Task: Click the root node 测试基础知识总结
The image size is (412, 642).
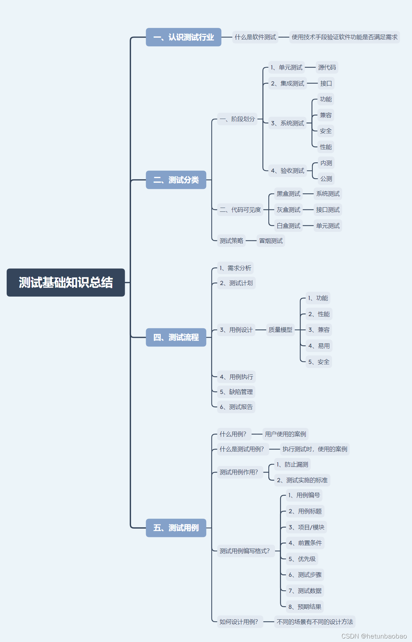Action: point(66,282)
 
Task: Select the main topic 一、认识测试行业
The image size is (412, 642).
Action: point(183,37)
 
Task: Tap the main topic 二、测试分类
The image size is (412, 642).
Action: point(176,180)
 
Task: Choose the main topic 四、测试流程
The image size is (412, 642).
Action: point(176,337)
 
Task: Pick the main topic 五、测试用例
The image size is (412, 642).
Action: point(176,528)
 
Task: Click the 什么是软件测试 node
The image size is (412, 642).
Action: point(255,37)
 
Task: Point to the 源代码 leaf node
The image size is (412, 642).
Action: point(327,67)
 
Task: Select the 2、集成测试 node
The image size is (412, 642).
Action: point(287,83)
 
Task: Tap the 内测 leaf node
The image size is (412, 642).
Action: point(326,163)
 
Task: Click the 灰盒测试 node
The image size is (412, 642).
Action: point(288,210)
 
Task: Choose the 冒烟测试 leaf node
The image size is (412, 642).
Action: point(271,241)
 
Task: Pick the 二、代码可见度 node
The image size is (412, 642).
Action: point(240,210)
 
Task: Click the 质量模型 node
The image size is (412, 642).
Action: point(280,330)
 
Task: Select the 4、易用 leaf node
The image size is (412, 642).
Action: point(319,346)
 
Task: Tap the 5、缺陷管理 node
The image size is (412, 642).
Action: point(236,392)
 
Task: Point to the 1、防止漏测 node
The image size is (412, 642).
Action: point(292,464)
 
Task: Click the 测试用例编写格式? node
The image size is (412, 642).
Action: point(245,551)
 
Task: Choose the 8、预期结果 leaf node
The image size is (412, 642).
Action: point(305,607)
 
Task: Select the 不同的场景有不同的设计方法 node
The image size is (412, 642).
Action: point(315,622)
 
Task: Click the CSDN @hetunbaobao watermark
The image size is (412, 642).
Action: point(374,636)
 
